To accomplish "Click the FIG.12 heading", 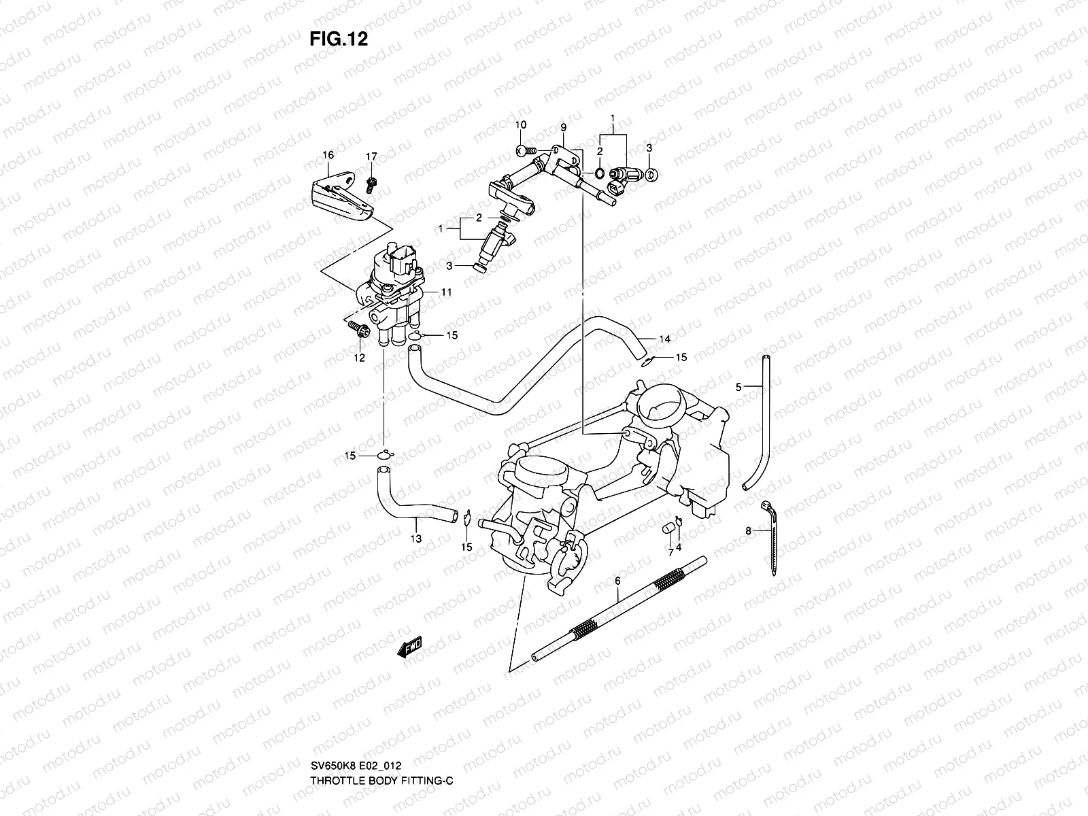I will pos(338,39).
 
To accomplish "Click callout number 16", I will pos(328,155).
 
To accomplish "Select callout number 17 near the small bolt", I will pos(371,157).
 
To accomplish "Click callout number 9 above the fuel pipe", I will pos(563,128).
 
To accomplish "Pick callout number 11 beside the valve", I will pos(446,292).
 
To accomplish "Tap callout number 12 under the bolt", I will pos(359,358).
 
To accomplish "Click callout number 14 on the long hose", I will pos(664,339).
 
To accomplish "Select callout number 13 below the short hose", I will pos(415,539).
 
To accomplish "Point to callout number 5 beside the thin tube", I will pos(738,387).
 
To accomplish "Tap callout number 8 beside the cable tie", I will pos(748,532).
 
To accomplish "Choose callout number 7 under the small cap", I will pos(670,554).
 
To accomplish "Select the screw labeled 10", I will pos(523,150).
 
